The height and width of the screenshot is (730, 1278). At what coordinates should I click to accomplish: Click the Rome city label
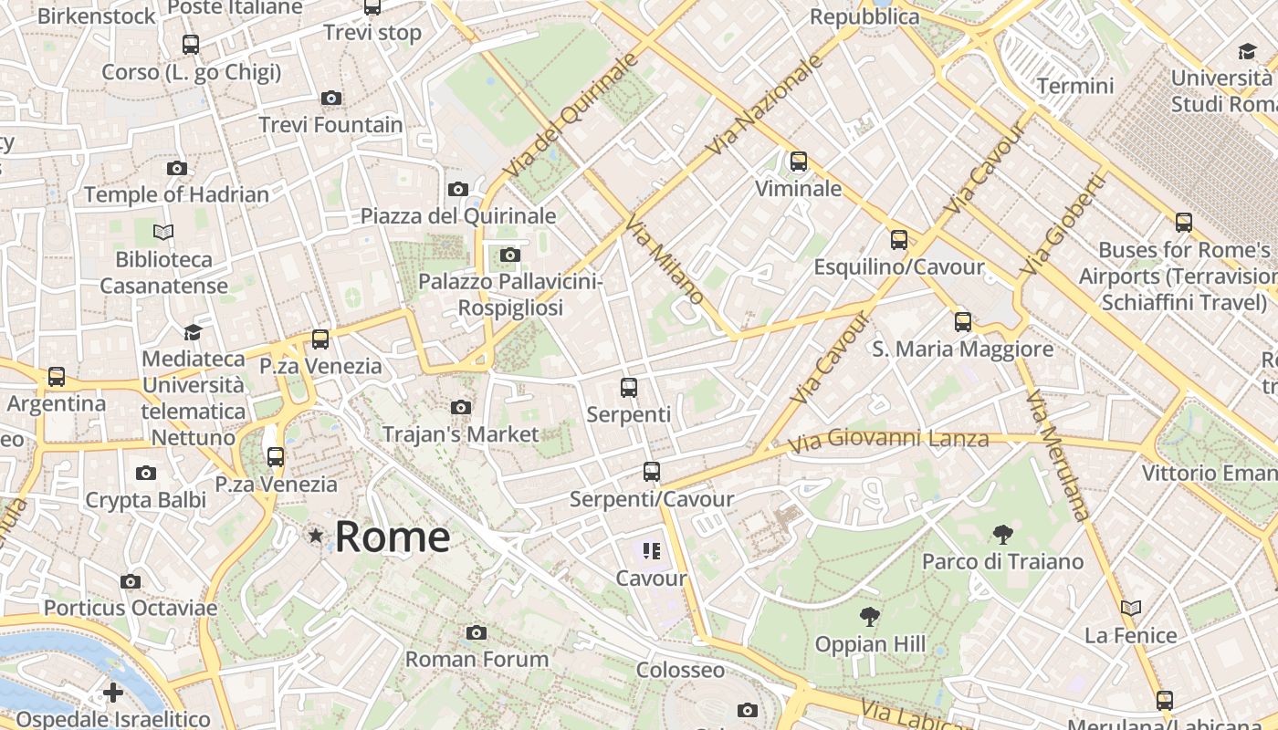click(392, 537)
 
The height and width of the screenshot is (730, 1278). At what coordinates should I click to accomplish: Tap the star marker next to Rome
click(316, 536)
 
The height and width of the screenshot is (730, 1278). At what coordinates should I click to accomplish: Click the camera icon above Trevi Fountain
click(331, 98)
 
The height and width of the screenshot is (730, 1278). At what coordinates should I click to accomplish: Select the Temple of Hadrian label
click(176, 194)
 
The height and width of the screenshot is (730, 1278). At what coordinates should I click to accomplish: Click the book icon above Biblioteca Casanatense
click(163, 232)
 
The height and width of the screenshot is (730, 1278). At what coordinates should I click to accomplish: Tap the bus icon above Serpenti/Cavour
click(651, 472)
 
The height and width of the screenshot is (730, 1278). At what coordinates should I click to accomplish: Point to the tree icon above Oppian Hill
click(870, 617)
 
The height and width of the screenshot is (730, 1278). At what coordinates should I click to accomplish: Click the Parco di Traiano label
click(1002, 560)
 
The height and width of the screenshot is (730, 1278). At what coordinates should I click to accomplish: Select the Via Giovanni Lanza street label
click(887, 441)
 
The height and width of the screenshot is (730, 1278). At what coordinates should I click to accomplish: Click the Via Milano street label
click(665, 261)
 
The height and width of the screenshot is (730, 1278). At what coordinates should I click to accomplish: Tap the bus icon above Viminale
click(799, 162)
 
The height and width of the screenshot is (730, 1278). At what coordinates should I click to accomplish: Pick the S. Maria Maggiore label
click(962, 349)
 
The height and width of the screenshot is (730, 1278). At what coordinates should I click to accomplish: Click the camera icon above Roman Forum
click(476, 632)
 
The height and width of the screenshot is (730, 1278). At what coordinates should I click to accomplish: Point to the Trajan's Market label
click(461, 434)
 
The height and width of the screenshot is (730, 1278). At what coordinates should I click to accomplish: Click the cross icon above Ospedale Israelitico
click(113, 693)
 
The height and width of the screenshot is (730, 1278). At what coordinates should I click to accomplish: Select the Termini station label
click(1074, 86)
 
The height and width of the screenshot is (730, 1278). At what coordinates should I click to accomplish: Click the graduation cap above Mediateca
click(193, 332)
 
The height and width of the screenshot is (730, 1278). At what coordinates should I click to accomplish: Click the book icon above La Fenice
click(1131, 608)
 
